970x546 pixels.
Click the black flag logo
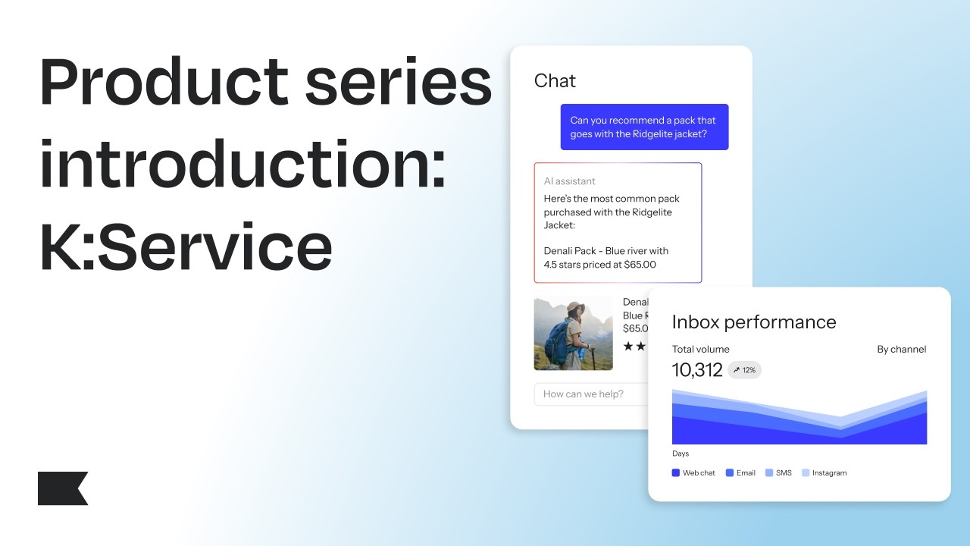62,488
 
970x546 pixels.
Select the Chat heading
555,81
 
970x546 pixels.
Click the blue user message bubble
644,127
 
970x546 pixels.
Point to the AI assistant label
569,181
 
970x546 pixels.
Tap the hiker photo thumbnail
573,333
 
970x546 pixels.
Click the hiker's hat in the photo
576,309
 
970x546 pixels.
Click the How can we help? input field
591,394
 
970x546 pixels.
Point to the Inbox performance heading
754,322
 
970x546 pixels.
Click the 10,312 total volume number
697,370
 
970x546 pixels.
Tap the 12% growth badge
744,370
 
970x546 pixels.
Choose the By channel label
901,350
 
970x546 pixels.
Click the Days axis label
681,453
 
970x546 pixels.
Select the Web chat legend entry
693,473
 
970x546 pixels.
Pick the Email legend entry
740,473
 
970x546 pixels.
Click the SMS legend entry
778,473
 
